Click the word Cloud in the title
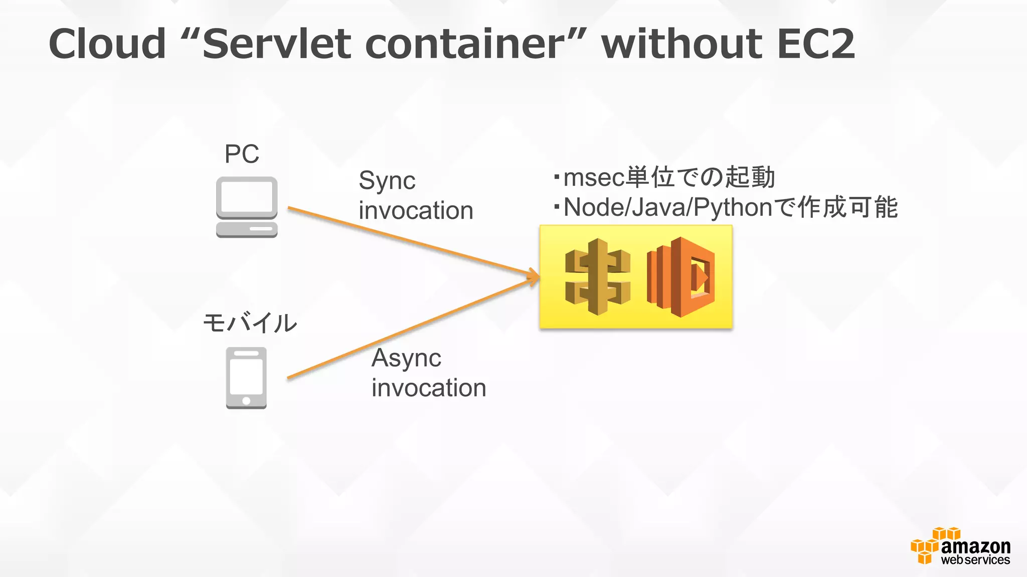(x=107, y=44)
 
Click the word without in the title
(x=682, y=44)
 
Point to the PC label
(x=242, y=154)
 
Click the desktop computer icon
(x=247, y=207)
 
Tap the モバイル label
(x=250, y=323)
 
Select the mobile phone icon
(x=246, y=378)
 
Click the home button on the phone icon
(x=246, y=401)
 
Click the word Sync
(x=387, y=181)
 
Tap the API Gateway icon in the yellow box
(x=597, y=277)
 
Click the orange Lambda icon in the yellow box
(x=680, y=277)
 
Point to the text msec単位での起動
(x=669, y=177)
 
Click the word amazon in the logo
(x=975, y=546)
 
